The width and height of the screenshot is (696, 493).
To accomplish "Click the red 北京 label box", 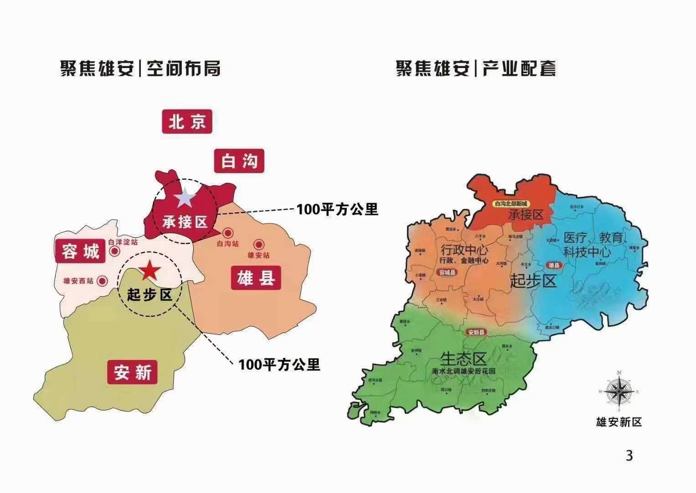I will (187, 121).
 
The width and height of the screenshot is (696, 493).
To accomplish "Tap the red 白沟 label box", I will (239, 161).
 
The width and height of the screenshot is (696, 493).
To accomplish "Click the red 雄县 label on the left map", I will (256, 278).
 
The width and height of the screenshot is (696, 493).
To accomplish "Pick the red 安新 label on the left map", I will (132, 372).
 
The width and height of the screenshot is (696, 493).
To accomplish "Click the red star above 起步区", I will (149, 272).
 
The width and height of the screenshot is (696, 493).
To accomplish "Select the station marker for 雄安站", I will (259, 244).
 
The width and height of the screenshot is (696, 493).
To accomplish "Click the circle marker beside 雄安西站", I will (103, 281).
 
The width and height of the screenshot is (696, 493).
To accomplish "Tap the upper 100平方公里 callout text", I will (337, 209).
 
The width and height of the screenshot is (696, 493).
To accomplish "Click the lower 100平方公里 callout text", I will (279, 364).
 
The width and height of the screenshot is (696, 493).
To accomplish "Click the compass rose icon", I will (619, 392).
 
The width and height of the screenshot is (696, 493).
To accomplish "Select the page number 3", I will (629, 456).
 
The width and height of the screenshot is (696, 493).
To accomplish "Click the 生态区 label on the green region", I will (464, 358).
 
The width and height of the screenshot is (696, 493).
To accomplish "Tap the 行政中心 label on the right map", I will (464, 250).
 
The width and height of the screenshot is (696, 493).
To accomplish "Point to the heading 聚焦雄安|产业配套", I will (476, 69).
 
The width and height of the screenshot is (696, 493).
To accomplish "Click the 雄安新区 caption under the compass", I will (619, 422).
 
